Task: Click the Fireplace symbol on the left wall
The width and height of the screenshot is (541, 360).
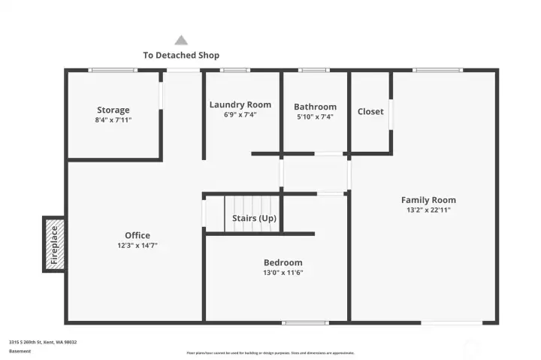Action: click(53, 244)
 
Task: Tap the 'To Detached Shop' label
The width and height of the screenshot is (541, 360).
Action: click(181, 55)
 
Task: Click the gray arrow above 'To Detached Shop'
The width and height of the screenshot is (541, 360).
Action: click(181, 40)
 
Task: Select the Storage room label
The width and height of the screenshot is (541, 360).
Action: click(113, 110)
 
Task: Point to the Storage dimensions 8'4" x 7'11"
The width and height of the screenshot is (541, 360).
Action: click(113, 119)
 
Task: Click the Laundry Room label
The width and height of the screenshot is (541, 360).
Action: click(240, 104)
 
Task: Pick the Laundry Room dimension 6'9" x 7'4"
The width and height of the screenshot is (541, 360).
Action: click(240, 115)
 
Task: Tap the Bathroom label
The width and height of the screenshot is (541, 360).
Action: click(315, 107)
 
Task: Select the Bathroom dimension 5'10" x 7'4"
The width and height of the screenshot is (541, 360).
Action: click(315, 116)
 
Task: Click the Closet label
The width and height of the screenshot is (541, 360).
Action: click(370, 111)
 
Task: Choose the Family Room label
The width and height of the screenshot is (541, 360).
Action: click(428, 200)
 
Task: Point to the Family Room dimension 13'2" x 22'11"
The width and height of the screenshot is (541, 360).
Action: click(428, 210)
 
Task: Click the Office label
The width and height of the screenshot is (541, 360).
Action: click(138, 235)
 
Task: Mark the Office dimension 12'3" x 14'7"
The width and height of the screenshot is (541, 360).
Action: click(138, 245)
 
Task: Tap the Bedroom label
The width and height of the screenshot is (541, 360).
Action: click(283, 262)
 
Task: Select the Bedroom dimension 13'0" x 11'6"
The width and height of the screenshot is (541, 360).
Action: click(283, 272)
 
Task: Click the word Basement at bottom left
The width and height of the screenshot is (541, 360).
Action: click(20, 351)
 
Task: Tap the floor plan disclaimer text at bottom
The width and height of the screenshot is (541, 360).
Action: click(270, 352)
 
